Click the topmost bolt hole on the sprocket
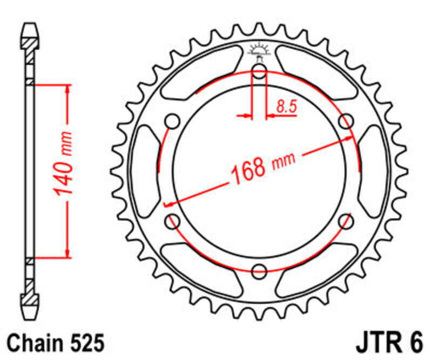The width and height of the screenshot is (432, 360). click(x=259, y=74)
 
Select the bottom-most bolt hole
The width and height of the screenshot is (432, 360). click(x=259, y=270)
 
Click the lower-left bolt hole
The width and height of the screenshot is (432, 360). click(x=173, y=220)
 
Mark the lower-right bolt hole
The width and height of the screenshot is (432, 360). click(x=346, y=220)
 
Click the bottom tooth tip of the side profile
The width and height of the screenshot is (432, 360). click(x=30, y=317)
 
